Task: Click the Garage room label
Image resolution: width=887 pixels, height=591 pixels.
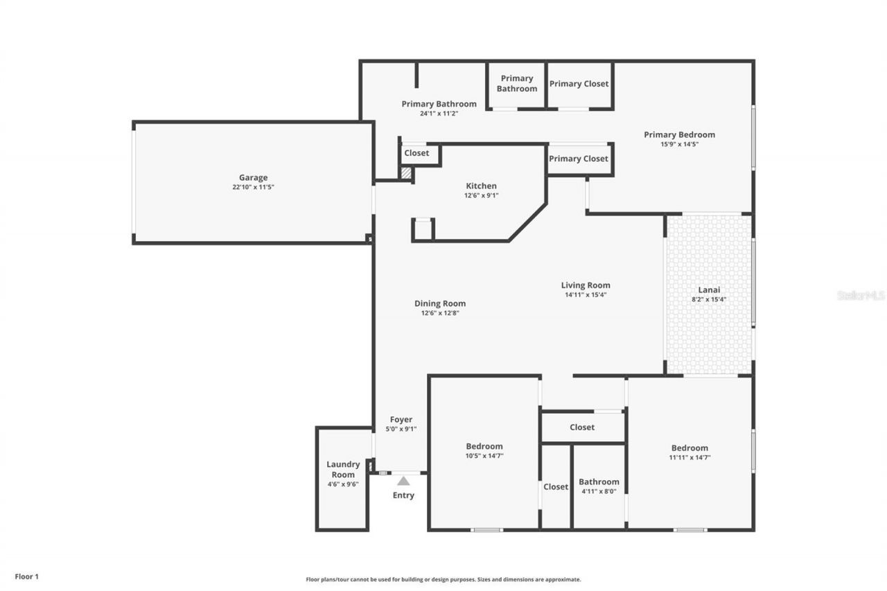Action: click(253, 178)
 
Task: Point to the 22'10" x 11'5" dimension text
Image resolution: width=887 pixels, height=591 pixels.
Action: click(253, 187)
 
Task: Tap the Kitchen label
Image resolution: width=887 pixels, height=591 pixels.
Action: click(481, 186)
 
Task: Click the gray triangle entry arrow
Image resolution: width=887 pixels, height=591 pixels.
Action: click(403, 480)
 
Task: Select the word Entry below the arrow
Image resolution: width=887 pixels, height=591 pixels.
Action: click(403, 495)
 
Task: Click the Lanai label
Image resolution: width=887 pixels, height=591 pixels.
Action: click(709, 290)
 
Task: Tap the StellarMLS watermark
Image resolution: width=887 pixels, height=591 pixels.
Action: click(861, 295)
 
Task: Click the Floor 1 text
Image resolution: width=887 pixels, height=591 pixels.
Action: click(27, 576)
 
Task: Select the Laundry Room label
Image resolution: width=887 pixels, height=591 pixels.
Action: click(343, 469)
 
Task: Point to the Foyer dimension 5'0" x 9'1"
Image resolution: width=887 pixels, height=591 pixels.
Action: click(401, 429)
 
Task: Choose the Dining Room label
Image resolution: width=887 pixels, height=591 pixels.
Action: click(440, 303)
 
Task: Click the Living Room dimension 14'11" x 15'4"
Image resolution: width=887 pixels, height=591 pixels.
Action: click(586, 294)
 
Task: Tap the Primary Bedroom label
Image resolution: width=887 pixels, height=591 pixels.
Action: click(679, 134)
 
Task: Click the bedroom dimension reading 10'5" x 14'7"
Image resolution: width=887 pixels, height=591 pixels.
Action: click(484, 456)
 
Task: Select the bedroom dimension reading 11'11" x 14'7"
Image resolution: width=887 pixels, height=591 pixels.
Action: click(690, 457)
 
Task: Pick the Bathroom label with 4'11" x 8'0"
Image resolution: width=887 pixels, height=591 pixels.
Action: click(599, 482)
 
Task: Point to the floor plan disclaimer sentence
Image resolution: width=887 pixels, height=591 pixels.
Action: click(443, 579)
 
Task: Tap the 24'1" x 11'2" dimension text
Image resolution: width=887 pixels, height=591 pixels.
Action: click(439, 114)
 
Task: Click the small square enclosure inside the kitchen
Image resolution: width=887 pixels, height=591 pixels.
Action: click(423, 229)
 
